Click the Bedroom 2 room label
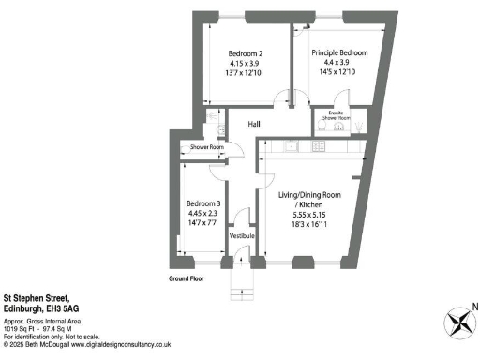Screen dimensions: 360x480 coord(247,52)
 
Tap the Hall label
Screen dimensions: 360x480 coord(253,124)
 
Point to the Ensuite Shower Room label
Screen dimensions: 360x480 coord(336,116)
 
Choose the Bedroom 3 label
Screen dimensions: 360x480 coord(203,203)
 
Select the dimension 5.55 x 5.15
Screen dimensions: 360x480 coord(309,215)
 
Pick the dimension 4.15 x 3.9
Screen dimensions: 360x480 coord(247,63)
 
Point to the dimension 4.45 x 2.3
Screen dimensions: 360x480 coord(203,214)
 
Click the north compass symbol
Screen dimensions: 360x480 coord(459,323)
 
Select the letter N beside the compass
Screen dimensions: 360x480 coord(474,307)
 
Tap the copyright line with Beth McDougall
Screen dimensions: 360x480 coord(85,345)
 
